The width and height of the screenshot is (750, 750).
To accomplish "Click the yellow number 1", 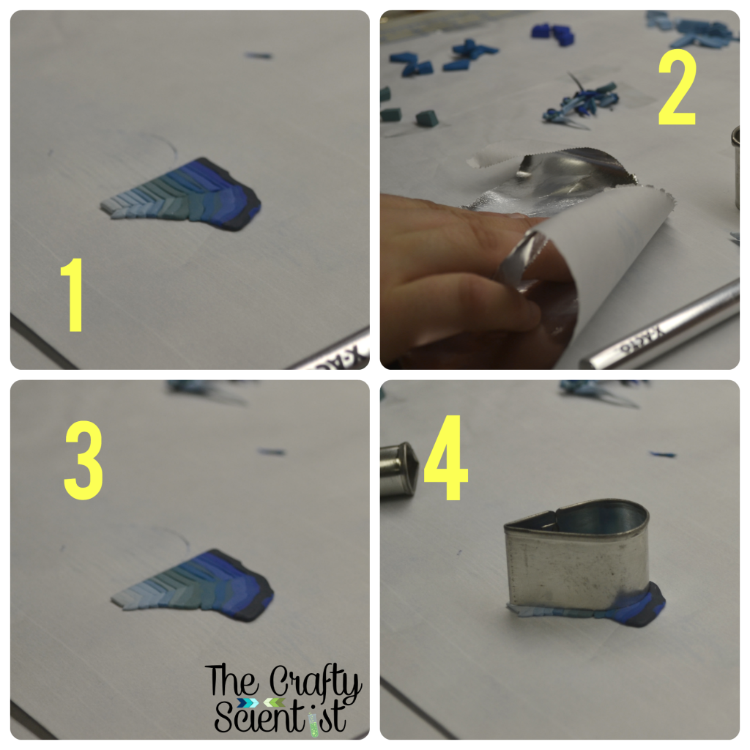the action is pos(73,294).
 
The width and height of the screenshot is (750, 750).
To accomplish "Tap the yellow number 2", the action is pos(677,87).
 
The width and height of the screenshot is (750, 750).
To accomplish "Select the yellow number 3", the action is pos(83,460).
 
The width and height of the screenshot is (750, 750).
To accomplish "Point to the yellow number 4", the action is pos(446,458).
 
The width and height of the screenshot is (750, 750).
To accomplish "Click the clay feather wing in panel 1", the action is pos(182,195).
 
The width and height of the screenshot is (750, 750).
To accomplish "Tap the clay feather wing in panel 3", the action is pos(193,587).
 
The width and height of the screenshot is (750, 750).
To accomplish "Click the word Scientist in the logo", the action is pos(281,716).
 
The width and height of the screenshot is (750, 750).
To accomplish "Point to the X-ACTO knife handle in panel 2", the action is pos(660,326).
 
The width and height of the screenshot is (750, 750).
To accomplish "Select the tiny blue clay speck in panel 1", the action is pos(259,56).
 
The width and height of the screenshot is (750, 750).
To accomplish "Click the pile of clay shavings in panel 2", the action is pos(580,101).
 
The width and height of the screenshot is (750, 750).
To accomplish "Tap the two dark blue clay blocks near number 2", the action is pos(553,34).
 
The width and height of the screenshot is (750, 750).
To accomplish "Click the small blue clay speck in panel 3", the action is pos(272,451).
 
